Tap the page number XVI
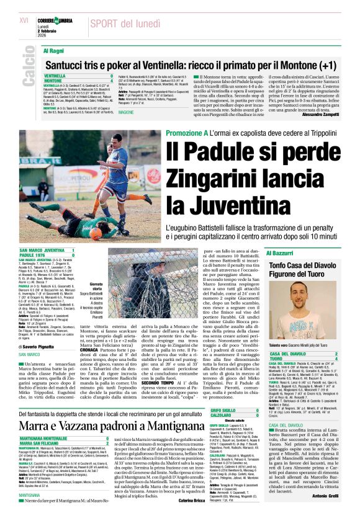[24, 21]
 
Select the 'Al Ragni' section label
[53, 50]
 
